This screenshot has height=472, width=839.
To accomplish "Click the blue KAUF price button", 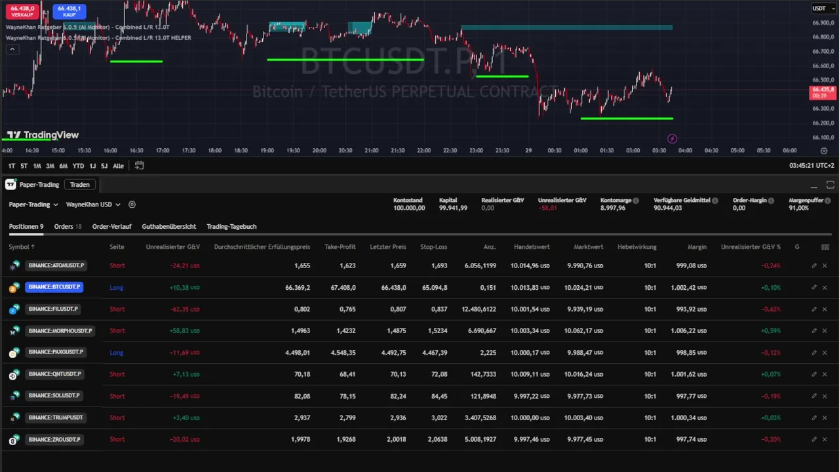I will (69, 10).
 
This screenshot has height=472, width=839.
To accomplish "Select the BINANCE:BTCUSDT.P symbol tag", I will (54, 287).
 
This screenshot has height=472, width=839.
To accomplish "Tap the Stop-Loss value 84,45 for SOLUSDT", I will (439, 396).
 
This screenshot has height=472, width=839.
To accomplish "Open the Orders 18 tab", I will (68, 227).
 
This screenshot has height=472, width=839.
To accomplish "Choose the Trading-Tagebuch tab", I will (231, 227).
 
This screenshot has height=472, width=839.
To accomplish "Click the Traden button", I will (80, 185).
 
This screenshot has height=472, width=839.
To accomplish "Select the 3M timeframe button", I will (50, 166).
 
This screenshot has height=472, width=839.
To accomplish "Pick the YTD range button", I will (78, 166).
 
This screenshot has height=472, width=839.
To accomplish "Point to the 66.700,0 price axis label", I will (822, 51).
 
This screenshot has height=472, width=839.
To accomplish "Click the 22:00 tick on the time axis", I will (423, 151).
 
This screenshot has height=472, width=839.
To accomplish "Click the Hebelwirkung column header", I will (636, 247).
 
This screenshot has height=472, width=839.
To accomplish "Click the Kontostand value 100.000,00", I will (409, 208).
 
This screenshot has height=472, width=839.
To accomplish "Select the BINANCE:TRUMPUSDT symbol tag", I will (56, 418).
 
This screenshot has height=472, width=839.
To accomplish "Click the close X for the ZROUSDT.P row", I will (825, 439).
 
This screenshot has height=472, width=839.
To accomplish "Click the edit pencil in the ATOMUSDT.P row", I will (814, 265).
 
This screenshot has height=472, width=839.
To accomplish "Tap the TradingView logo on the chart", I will (43, 135).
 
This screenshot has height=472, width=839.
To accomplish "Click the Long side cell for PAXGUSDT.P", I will (117, 353).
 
